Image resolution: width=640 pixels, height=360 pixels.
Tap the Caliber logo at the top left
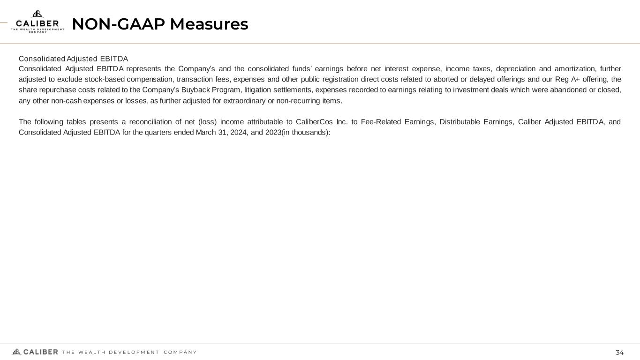[38, 22]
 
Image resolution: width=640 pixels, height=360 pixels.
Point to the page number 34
[619, 352]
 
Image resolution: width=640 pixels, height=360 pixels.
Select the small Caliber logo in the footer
[35, 352]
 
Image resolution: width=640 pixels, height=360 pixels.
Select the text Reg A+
[569, 79]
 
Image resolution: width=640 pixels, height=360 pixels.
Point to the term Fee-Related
[380, 122]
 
